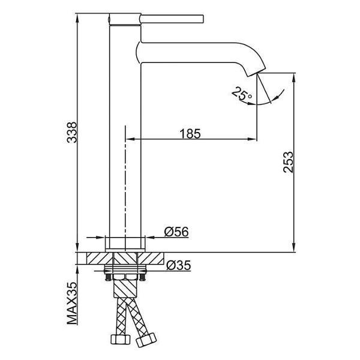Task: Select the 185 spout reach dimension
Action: (x=190, y=134)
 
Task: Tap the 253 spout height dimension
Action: (x=289, y=162)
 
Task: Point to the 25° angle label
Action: (x=242, y=94)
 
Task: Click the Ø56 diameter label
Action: (x=176, y=232)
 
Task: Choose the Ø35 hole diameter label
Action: (x=179, y=265)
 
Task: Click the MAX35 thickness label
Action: (x=72, y=303)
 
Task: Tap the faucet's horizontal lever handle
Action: (x=172, y=19)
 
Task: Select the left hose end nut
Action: (x=121, y=340)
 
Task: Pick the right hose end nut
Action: (x=146, y=340)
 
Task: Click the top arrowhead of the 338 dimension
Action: (x=77, y=19)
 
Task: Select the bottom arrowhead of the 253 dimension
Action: (x=293, y=247)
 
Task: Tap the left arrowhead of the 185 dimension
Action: (x=130, y=139)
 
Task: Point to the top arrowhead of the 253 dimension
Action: (x=293, y=78)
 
